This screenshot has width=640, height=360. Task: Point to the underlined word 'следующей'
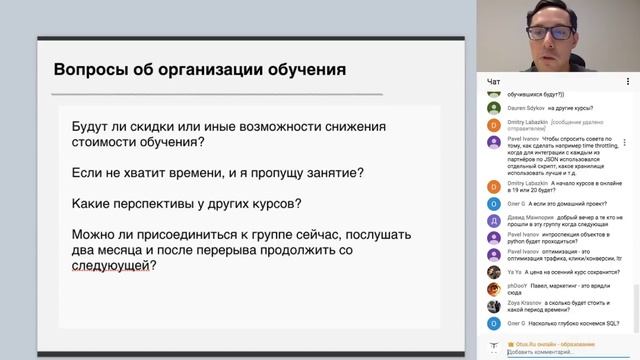[x=115, y=268]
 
